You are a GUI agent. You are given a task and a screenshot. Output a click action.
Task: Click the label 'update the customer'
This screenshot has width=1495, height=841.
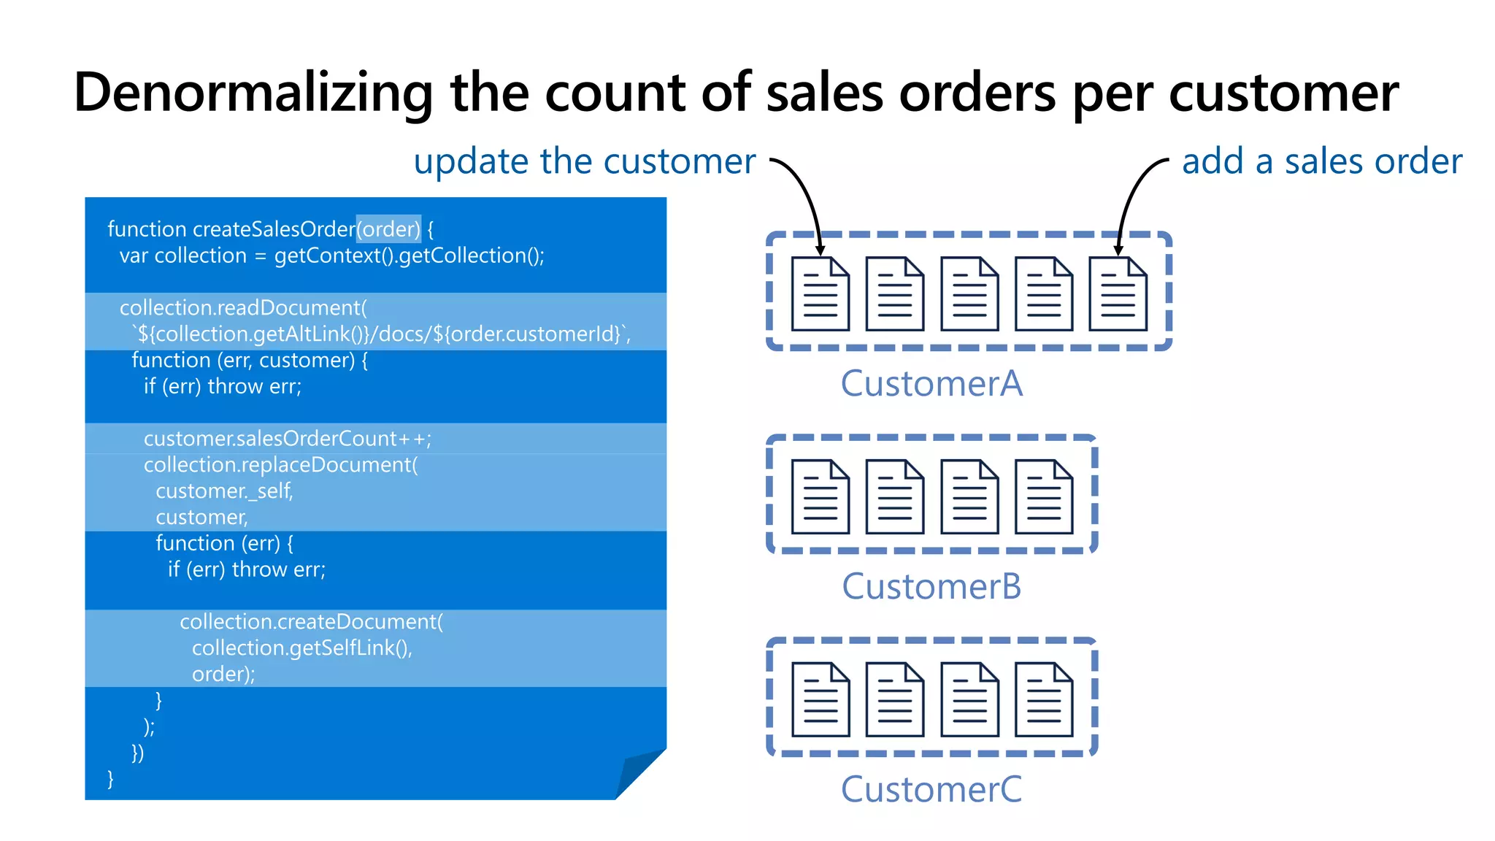coord(584,161)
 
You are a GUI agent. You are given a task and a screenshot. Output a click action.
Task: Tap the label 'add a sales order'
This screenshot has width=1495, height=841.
coord(1321,161)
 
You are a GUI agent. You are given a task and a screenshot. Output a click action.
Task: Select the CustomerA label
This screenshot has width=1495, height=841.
coord(931,384)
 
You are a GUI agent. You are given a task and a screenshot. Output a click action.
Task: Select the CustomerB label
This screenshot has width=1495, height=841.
coord(931,587)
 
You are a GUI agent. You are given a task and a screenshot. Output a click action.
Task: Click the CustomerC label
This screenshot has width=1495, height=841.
coord(931,790)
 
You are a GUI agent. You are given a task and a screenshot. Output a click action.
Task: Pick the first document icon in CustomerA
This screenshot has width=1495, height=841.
coord(820,294)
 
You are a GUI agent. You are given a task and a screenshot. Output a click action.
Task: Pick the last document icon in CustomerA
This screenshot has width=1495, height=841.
coord(1118,294)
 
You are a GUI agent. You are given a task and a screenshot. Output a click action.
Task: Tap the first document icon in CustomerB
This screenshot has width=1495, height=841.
coord(820,497)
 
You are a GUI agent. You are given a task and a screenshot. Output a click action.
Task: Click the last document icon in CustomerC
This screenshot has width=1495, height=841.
coord(1044,700)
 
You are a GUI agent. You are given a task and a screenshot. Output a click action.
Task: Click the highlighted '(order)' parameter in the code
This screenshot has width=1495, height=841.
coord(388,229)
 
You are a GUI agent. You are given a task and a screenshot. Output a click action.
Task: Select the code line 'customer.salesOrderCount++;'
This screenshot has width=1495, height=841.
coord(287,439)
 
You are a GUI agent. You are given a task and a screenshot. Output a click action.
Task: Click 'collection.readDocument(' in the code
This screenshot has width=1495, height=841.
coord(243,308)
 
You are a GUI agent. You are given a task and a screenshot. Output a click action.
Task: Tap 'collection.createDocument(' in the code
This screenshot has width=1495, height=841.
coord(311,622)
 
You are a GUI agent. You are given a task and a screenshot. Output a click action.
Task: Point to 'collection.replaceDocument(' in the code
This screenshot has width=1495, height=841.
coord(280,465)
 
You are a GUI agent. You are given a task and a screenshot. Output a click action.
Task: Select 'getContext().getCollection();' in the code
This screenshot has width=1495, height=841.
coord(409,256)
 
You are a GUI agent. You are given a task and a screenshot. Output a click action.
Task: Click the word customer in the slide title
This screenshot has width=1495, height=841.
coord(1283,93)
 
